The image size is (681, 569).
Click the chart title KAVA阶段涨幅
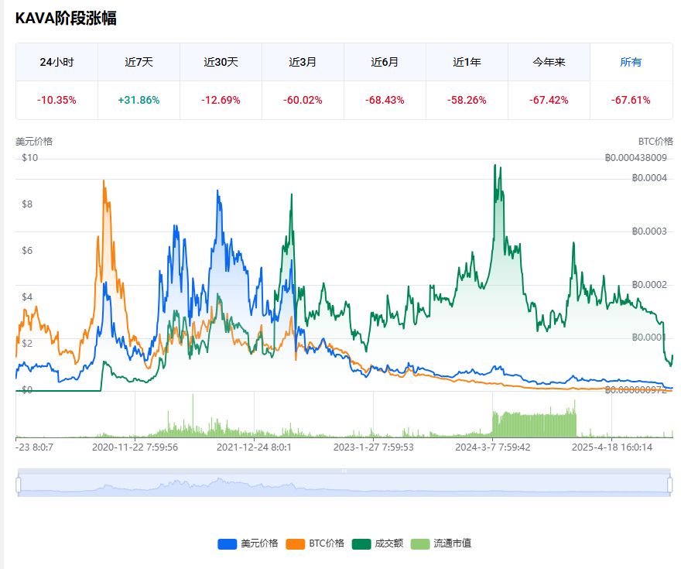click(x=66, y=19)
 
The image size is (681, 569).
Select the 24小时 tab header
click(x=56, y=62)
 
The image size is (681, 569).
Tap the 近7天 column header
click(x=139, y=62)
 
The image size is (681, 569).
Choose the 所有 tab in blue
click(x=631, y=62)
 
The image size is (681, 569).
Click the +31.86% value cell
click(x=139, y=100)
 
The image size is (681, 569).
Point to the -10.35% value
click(x=56, y=100)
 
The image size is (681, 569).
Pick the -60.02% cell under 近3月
click(x=303, y=100)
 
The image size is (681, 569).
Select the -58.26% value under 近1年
click(x=467, y=100)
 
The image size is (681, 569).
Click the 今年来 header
click(x=549, y=62)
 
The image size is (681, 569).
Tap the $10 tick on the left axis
click(x=30, y=158)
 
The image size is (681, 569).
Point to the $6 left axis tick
click(x=27, y=250)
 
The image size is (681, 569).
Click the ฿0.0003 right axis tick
click(x=649, y=231)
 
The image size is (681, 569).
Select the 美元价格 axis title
click(x=34, y=142)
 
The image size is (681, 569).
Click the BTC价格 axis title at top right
click(x=655, y=142)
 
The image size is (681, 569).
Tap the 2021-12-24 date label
click(x=254, y=447)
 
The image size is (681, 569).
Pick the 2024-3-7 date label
click(x=492, y=447)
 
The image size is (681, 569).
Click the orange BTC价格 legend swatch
click(x=295, y=543)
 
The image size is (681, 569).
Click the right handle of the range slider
click(x=669, y=484)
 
